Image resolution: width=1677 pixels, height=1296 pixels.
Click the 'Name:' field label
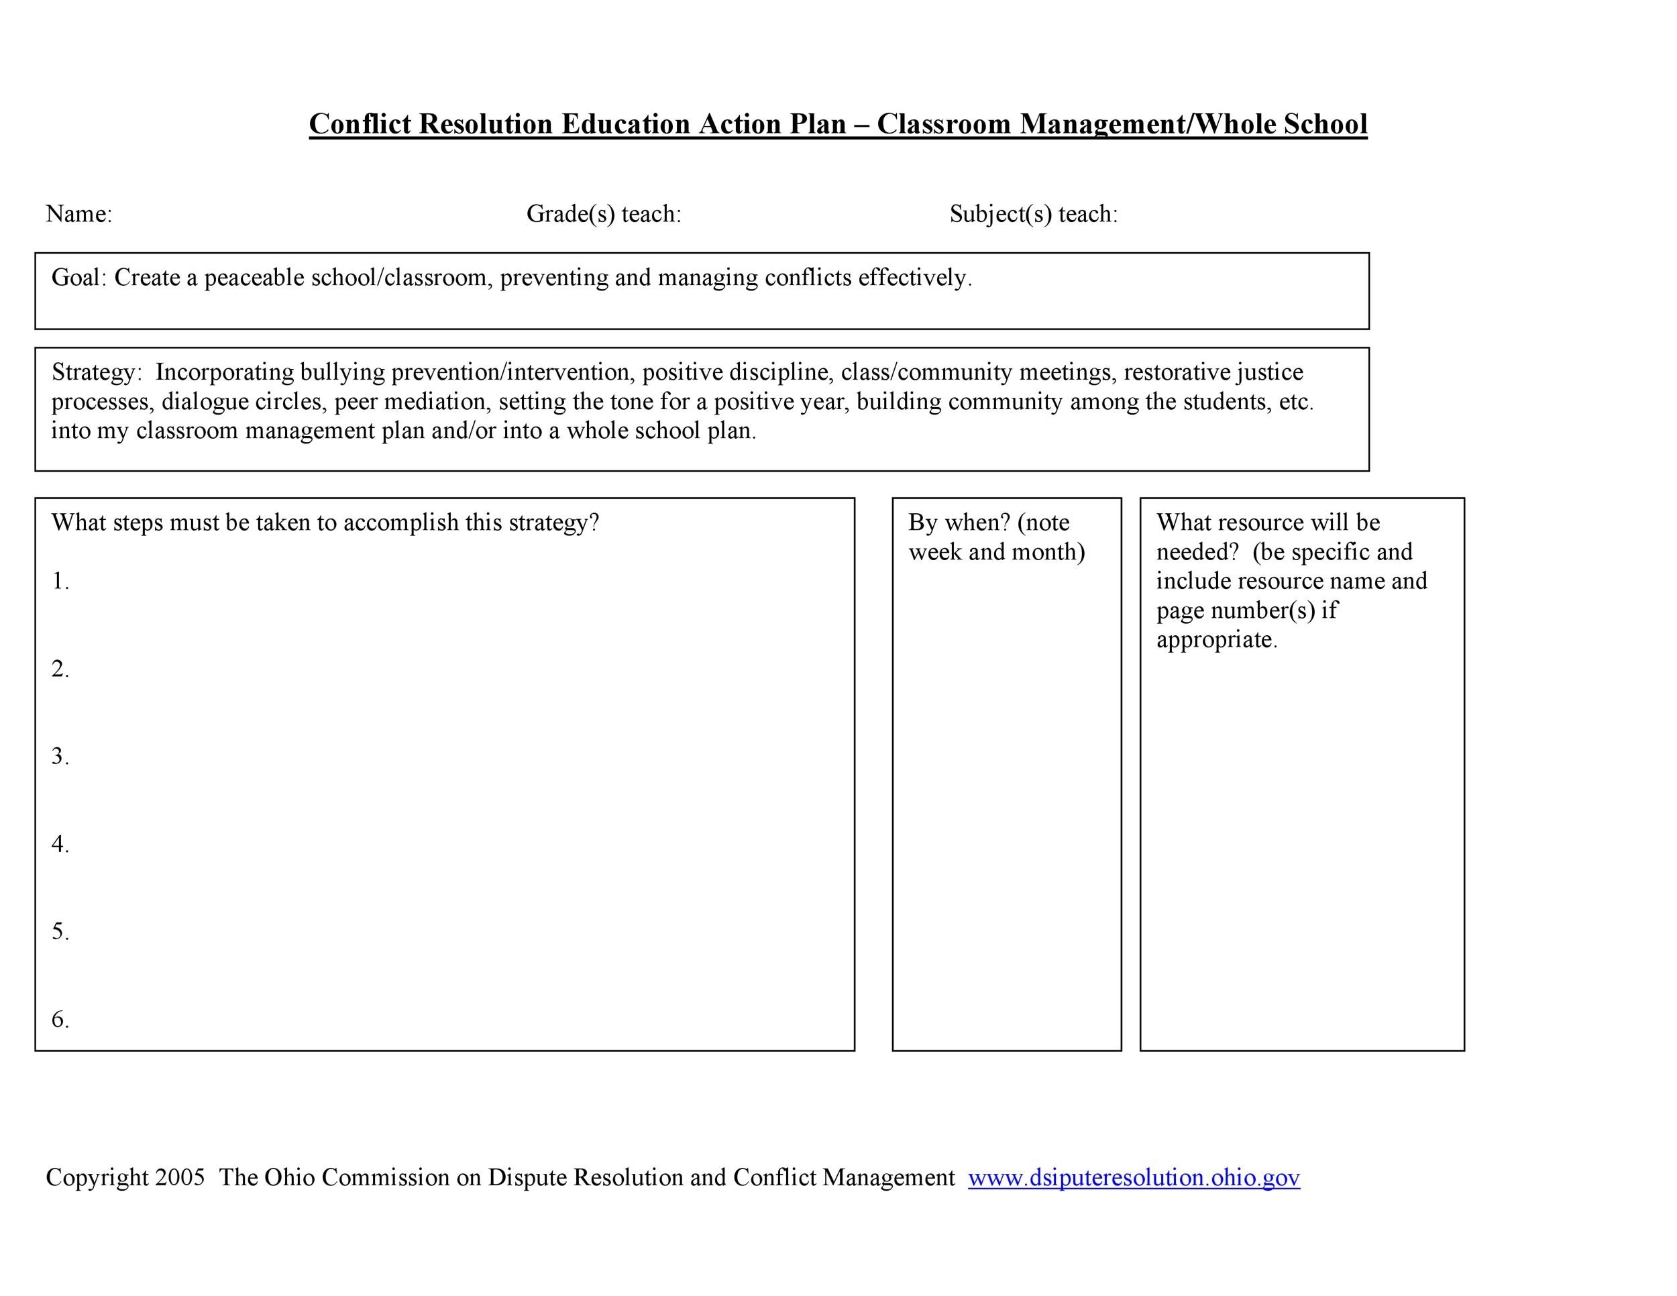pos(79,214)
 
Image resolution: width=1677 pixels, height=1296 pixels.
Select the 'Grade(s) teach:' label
pos(604,214)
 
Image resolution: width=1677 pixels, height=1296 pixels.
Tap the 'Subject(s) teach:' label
pos(1034,214)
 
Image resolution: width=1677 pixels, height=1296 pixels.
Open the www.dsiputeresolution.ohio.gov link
pos(1134,1178)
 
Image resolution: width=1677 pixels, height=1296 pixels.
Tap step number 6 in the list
pos(60,1020)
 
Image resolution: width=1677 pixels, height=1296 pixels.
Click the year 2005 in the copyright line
pos(180,1178)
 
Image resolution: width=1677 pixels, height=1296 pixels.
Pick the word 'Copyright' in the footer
pos(97,1178)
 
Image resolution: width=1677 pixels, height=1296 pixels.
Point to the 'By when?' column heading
pos(959,523)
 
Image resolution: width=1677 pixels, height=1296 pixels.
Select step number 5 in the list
pos(60,932)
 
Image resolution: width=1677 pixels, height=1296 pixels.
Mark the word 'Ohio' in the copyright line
pos(290,1178)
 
